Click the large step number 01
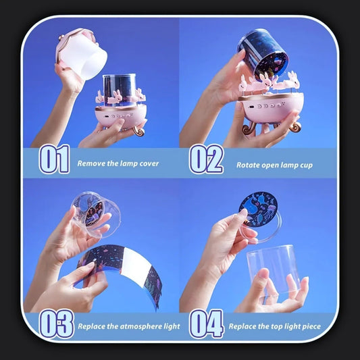[x=55, y=159]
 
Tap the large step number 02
[x=206, y=159]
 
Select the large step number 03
[x=57, y=324]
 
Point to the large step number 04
[x=206, y=324]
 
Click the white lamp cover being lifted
[x=82, y=55]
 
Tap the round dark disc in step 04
[x=258, y=209]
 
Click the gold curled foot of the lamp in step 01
[x=138, y=131]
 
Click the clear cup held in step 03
[x=97, y=215]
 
